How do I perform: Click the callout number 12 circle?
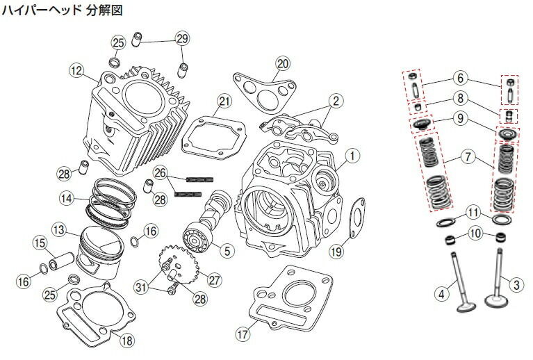tap(76, 69)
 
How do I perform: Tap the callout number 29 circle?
tap(181, 38)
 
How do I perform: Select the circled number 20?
tap(281, 64)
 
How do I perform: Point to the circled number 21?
tap(222, 101)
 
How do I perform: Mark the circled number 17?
tap(241, 334)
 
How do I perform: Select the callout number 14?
tap(66, 198)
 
